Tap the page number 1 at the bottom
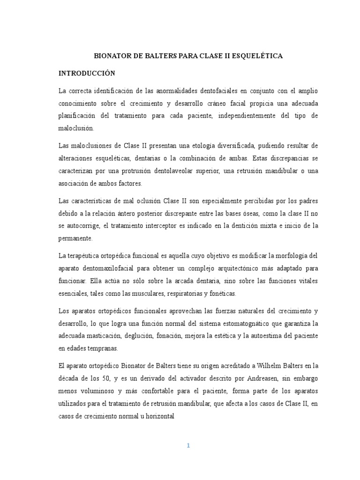[x=188, y=446]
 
